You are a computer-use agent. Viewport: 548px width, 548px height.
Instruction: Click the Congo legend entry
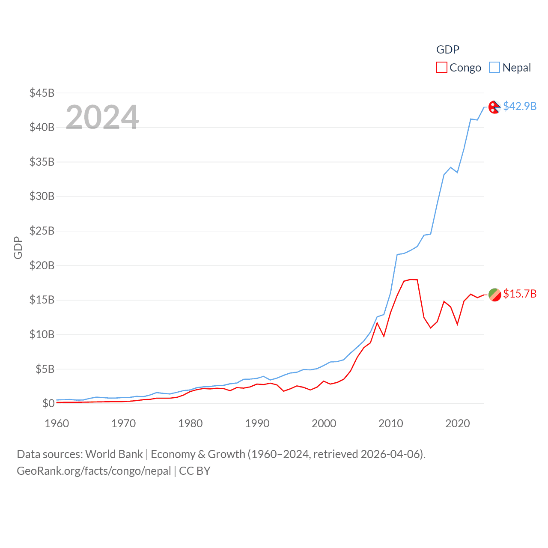pos(459,68)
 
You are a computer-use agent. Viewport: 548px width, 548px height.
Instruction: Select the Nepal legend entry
pos(510,68)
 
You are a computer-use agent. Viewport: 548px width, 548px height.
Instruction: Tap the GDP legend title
pos(448,50)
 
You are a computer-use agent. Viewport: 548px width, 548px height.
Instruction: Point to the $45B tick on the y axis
pos(42,93)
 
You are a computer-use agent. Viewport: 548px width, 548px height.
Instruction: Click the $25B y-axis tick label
pos(42,231)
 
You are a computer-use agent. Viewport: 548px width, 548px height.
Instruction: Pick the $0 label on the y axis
pos(48,403)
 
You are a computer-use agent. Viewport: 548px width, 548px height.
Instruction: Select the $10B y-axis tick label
pos(42,334)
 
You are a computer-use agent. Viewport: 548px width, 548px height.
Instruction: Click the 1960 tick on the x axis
pos(57,423)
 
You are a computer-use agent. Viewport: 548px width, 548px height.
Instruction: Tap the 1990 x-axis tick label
pos(257,423)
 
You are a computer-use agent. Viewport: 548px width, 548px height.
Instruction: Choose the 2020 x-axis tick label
pos(458,423)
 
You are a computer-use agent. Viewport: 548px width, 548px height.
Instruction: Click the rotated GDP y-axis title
pos(18,247)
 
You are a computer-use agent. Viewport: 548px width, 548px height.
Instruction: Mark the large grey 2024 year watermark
pos(102,117)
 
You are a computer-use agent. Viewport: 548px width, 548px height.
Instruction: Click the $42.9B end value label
pos(520,106)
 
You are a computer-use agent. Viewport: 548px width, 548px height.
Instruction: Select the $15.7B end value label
pos(520,294)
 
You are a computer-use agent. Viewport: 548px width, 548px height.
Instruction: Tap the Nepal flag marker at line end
pos(494,107)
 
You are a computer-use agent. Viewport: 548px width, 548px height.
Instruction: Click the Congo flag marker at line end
pos(494,295)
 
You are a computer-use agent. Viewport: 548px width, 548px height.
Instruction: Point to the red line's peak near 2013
pos(411,280)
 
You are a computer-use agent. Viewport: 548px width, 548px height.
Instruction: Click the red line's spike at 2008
pos(377,322)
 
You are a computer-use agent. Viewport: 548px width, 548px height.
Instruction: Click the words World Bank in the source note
pos(114,454)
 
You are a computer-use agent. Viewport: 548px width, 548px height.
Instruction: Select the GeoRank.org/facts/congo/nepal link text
pos(94,471)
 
